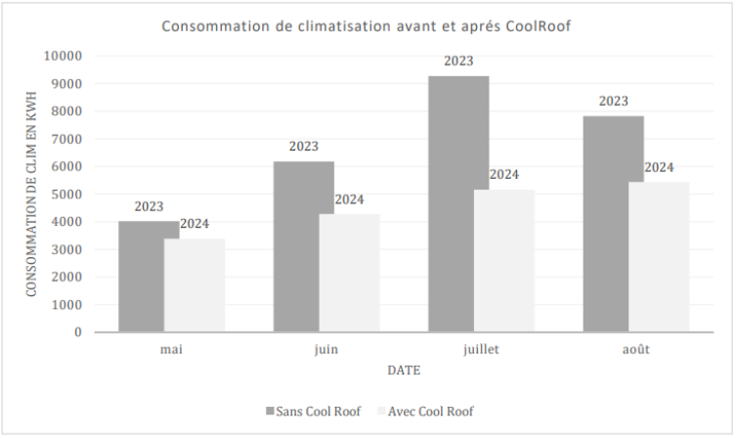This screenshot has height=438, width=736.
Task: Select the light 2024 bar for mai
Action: (x=195, y=285)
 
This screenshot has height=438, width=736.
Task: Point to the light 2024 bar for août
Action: (x=659, y=257)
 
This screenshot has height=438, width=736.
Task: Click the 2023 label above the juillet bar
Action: (x=458, y=62)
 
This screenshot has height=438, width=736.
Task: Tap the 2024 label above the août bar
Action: (x=659, y=167)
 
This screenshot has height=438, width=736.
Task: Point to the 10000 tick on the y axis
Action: (x=64, y=56)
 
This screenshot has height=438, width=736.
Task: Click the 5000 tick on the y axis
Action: (x=67, y=194)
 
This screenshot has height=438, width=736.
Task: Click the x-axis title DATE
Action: (x=404, y=372)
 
